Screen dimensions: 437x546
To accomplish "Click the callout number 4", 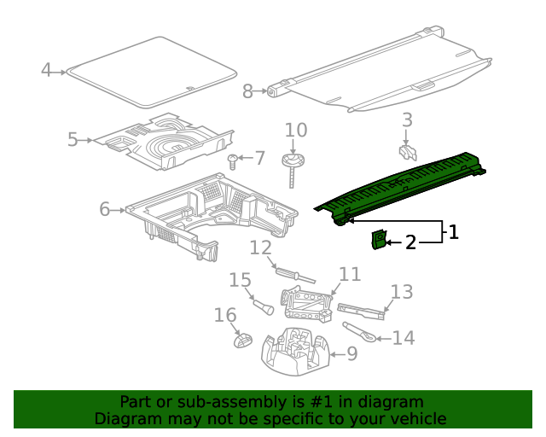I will (46, 70).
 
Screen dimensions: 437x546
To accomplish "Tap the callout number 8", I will (247, 91).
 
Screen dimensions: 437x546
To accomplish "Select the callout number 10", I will (295, 131).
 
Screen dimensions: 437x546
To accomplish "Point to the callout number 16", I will (224, 316).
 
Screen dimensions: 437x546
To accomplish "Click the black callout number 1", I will (453, 231).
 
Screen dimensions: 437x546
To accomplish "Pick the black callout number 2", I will (410, 243).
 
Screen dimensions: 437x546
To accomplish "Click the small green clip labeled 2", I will (377, 241).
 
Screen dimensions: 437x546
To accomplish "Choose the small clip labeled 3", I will (407, 152).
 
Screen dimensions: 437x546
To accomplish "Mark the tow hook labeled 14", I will (358, 331).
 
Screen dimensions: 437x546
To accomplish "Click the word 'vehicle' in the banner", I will (416, 419).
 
